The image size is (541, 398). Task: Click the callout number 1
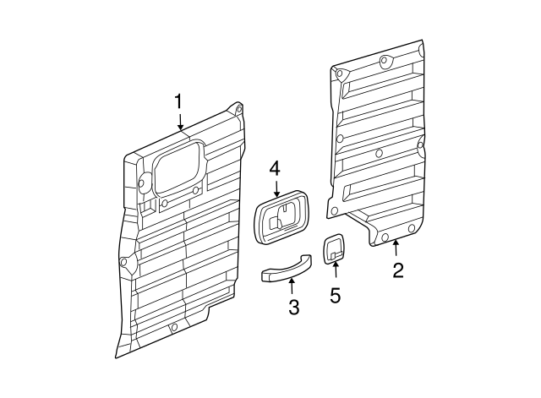pyautogui.click(x=178, y=101)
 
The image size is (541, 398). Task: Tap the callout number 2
pyautogui.click(x=397, y=270)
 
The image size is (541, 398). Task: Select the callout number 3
pyautogui.click(x=293, y=308)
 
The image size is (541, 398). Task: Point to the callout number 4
pyautogui.click(x=275, y=169)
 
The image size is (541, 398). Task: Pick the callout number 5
pyautogui.click(x=336, y=296)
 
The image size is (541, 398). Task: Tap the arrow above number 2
pyautogui.click(x=396, y=248)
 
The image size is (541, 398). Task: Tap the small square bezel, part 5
pyautogui.click(x=334, y=248)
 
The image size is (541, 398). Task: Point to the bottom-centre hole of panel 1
pyautogui.click(x=174, y=327)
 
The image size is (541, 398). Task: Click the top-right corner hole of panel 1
pyautogui.click(x=238, y=109)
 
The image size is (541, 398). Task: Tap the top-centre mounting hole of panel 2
pyautogui.click(x=385, y=60)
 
